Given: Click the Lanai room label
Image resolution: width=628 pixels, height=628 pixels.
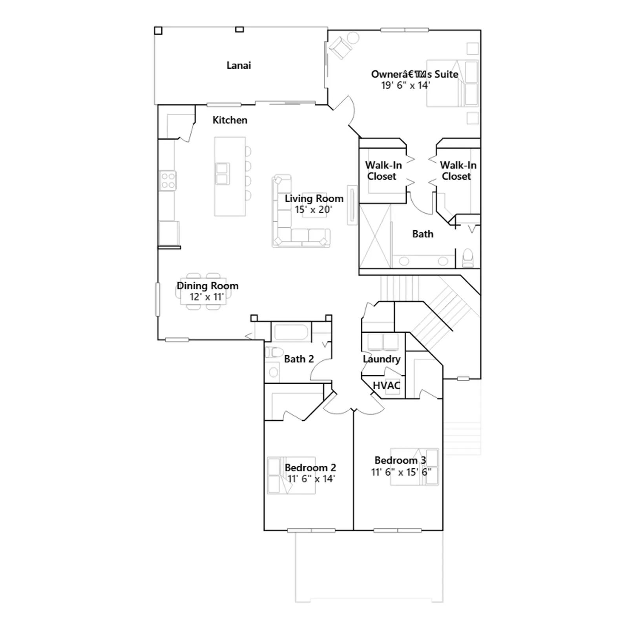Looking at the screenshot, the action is [x=239, y=65].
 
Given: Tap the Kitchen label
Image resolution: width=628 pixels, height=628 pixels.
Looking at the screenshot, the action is [x=230, y=120].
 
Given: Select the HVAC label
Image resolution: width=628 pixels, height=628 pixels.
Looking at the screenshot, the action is [x=387, y=385].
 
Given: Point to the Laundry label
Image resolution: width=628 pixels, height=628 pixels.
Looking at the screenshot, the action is [x=382, y=359].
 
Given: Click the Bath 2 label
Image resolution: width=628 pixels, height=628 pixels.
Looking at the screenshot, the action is [x=299, y=359].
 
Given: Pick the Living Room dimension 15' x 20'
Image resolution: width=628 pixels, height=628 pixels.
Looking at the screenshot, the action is [x=314, y=210].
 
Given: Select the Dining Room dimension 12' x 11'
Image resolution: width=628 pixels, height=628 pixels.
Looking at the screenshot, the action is [x=207, y=297].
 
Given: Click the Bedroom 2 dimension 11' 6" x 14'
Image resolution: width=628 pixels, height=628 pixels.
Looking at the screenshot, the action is [x=311, y=479].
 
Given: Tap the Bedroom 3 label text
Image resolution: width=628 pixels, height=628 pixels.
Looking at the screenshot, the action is [x=400, y=460].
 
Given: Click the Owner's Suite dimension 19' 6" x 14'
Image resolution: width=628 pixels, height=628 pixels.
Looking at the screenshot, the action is [x=406, y=85].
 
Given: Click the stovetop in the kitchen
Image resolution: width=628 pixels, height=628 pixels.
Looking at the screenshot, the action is [x=168, y=181].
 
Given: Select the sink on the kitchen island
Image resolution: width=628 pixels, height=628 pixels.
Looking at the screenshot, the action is [x=222, y=174].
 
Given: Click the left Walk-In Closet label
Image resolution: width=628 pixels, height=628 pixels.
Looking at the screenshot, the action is [x=383, y=171].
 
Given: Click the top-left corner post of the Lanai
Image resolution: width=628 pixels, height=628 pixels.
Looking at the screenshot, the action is [x=158, y=31].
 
